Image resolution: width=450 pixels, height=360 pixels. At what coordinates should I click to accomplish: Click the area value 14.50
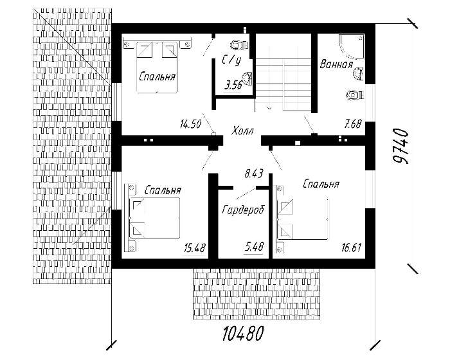tap(190, 124)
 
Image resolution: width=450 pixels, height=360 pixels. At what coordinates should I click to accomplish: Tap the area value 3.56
tap(233, 85)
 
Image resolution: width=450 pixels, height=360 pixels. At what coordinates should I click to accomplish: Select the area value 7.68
tap(353, 124)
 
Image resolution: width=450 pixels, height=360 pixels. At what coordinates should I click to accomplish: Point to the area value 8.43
tap(254, 174)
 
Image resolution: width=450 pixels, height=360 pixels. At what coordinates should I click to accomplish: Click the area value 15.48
tap(195, 248)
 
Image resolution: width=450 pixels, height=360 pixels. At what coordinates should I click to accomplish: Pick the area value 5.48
tap(254, 246)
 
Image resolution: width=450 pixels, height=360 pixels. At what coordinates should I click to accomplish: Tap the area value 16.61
tap(351, 247)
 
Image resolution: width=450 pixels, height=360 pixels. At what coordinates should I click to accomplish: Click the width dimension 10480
tap(243, 334)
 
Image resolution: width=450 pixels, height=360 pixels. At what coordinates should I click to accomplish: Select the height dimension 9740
tap(401, 147)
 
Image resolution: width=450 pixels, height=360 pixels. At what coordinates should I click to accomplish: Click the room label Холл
tap(242, 131)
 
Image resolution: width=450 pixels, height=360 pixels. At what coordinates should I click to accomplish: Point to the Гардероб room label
tap(243, 210)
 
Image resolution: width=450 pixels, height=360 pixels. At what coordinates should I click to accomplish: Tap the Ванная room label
tap(336, 64)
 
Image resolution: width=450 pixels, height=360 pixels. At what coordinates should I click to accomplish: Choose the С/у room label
tap(231, 60)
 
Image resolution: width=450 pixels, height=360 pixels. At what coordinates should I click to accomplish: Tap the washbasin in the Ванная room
tap(358, 73)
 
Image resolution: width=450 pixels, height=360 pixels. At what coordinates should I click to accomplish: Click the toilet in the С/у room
tap(239, 45)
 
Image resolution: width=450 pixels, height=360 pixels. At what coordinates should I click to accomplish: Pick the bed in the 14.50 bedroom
tap(157, 67)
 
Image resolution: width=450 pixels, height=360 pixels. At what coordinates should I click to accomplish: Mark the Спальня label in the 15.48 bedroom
tap(163, 190)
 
